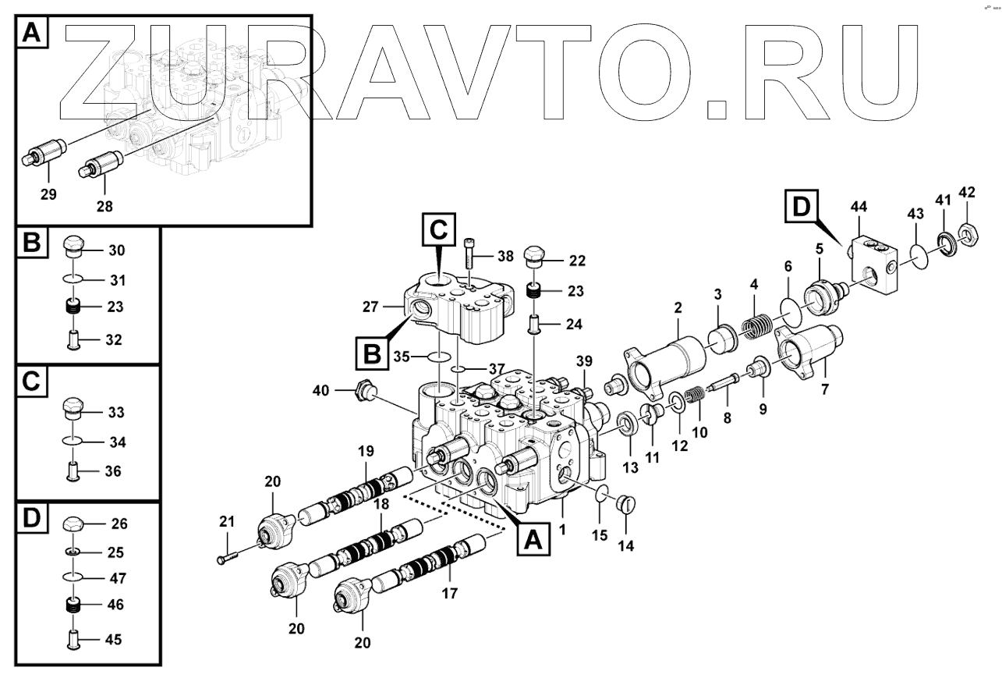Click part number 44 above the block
[859, 207]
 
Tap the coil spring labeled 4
[757, 325]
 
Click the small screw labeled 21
[225, 557]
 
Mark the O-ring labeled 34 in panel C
[73, 442]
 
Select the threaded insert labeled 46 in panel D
[73, 604]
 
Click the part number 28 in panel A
[105, 207]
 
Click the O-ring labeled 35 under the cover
[441, 357]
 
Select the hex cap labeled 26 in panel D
[73, 523]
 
